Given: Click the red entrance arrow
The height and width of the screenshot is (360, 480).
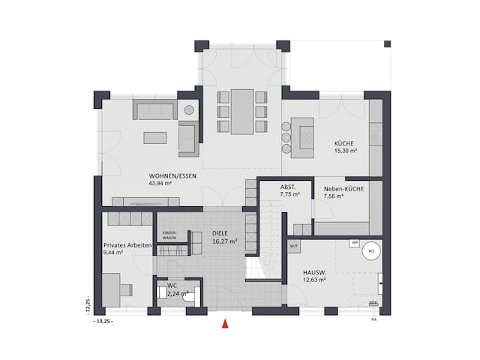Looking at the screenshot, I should pyautogui.click(x=223, y=324).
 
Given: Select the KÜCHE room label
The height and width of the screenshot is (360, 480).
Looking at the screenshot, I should pyautogui.click(x=344, y=143).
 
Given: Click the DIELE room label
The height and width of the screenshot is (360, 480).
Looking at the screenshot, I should pyautogui.click(x=220, y=233).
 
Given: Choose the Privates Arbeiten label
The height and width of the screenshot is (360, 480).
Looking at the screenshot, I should pyautogui.click(x=128, y=245).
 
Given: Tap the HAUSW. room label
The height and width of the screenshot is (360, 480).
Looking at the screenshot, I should pyautogui.click(x=313, y=272).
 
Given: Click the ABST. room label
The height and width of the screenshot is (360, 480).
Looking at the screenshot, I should pyautogui.click(x=289, y=187).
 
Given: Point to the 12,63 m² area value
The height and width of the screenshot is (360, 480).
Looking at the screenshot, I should pyautogui.click(x=314, y=280).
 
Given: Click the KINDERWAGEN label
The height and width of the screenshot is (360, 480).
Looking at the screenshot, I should pyautogui.click(x=169, y=235).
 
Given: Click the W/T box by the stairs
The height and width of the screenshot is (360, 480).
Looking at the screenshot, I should pyautogui.click(x=294, y=247).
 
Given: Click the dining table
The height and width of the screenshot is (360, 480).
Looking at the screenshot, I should pyautogui.click(x=241, y=112).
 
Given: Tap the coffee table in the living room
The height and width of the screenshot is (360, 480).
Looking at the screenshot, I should pyautogui.click(x=156, y=137).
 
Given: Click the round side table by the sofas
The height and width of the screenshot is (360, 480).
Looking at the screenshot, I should pyautogui.click(x=189, y=109).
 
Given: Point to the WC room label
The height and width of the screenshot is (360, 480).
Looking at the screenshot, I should pyautogui.click(x=172, y=286).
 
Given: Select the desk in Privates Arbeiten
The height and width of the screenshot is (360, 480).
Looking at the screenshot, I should pyautogui.click(x=112, y=289).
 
